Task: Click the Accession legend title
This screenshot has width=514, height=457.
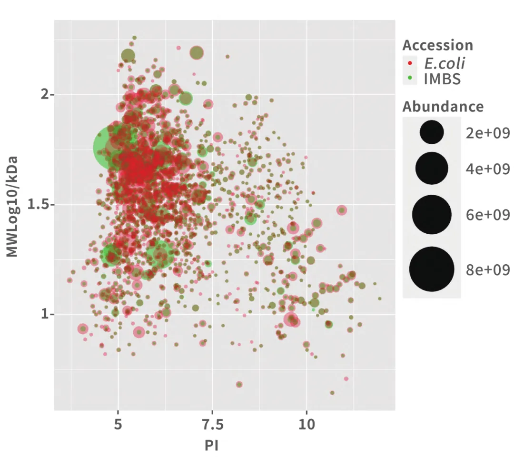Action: pyautogui.click(x=438, y=45)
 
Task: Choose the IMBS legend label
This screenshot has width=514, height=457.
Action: pyautogui.click(x=442, y=79)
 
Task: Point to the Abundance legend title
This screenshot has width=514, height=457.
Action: pyautogui.click(x=443, y=106)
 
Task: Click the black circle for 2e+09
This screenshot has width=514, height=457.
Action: pyautogui.click(x=432, y=132)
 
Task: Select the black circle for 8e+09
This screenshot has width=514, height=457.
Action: pyautogui.click(x=432, y=269)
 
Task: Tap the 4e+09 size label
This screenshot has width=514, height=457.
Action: pyautogui.click(x=488, y=169)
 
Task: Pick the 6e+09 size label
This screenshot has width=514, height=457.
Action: pyautogui.click(x=488, y=215)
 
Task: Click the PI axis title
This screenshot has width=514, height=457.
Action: pyautogui.click(x=211, y=445)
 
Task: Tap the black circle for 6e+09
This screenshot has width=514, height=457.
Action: pyautogui.click(x=432, y=215)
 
